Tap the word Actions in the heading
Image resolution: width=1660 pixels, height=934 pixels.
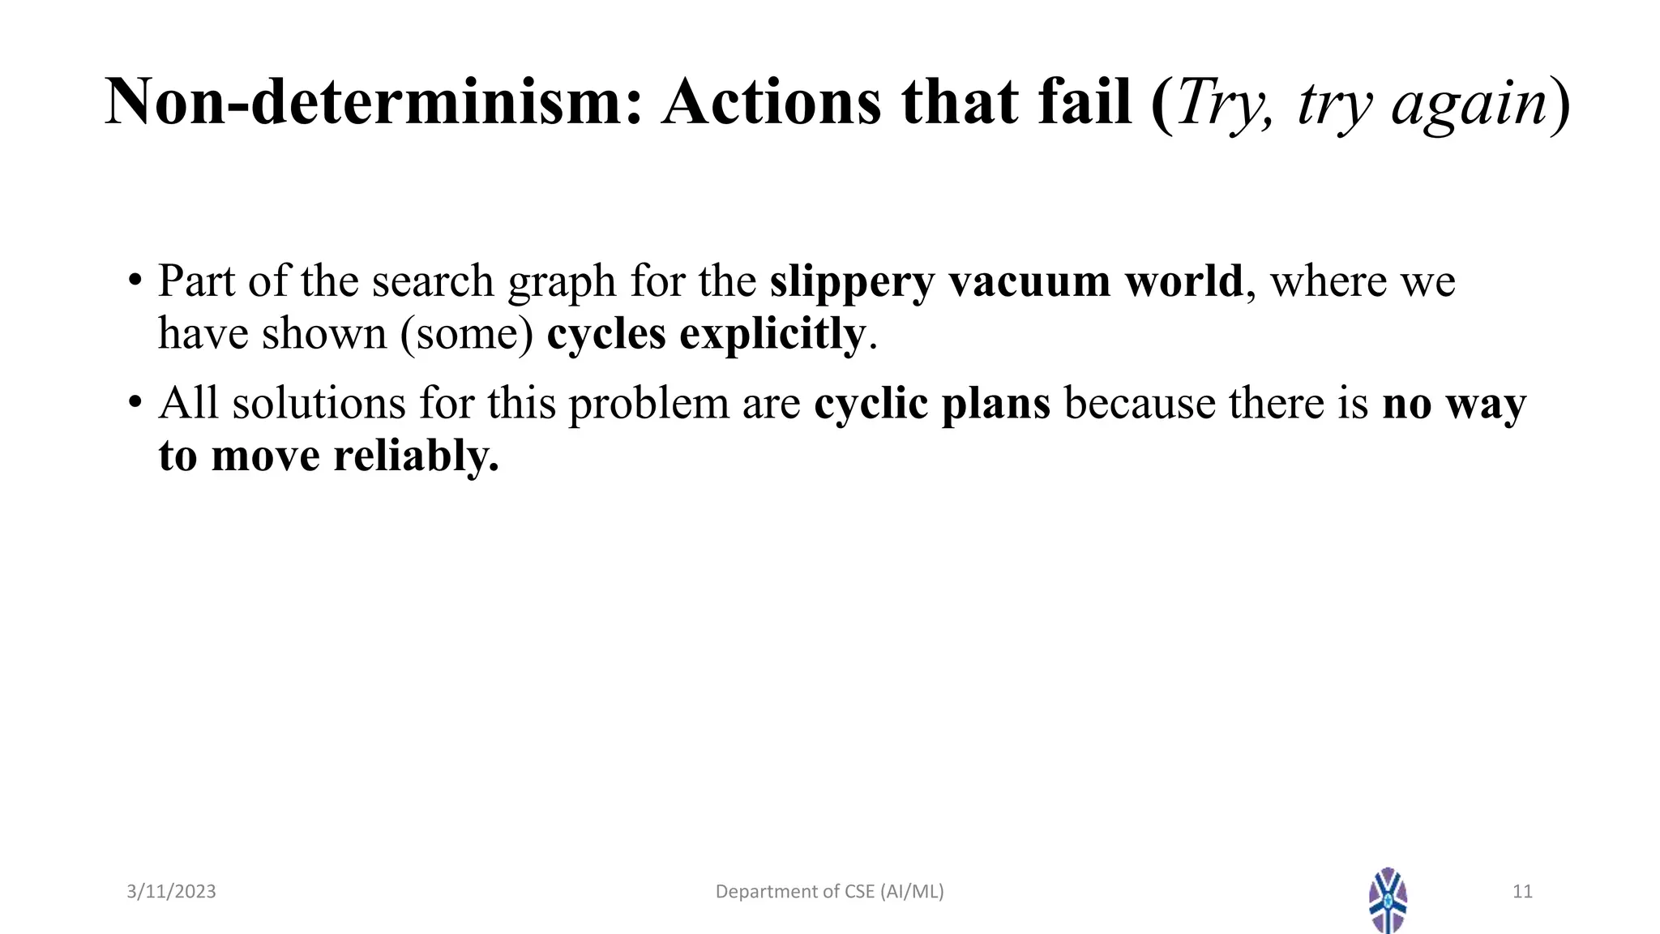(x=771, y=103)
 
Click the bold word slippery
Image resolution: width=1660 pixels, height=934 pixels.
(x=852, y=283)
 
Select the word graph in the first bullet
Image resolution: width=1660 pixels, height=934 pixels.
(x=562, y=283)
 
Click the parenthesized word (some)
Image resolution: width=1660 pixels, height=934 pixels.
(x=467, y=334)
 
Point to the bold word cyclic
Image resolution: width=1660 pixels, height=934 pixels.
(x=871, y=404)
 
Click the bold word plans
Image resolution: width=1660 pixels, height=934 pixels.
(x=995, y=404)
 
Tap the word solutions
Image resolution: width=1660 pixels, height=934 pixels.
(x=319, y=403)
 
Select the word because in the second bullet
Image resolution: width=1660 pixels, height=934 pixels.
(x=1139, y=403)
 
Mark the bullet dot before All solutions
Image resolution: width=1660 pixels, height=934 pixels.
(x=135, y=402)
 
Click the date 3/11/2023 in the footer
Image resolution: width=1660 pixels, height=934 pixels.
(x=171, y=892)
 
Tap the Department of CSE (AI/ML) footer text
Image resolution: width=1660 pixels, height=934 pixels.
(x=829, y=892)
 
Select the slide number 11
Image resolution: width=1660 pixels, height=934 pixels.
(x=1522, y=892)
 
